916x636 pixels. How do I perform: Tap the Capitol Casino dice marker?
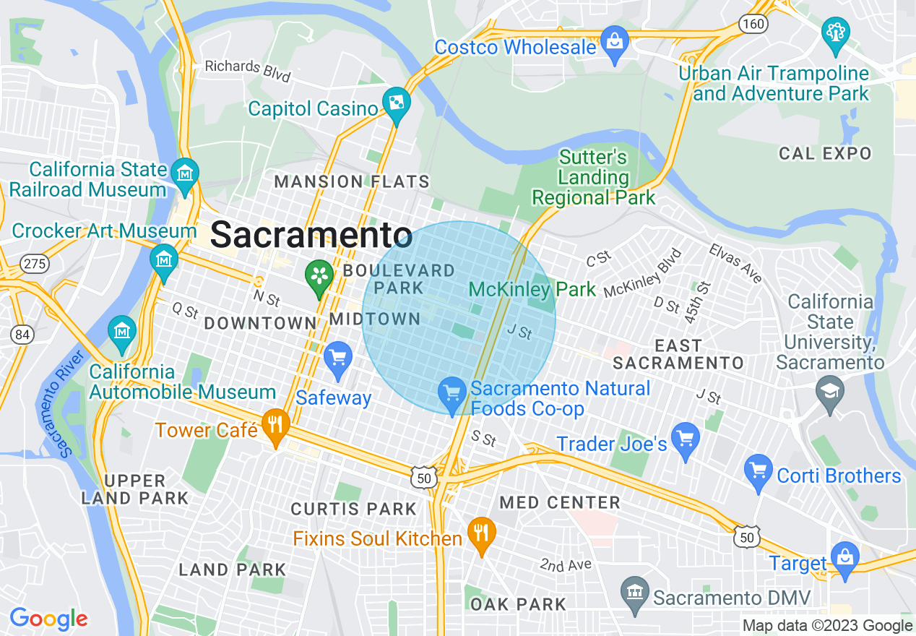(x=397, y=105)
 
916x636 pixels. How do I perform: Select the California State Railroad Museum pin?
(x=186, y=174)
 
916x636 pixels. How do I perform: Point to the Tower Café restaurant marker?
(x=275, y=426)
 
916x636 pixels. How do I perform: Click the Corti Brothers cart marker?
(x=759, y=471)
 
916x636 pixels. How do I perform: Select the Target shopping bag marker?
(x=844, y=559)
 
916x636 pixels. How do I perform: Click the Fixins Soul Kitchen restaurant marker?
(x=480, y=534)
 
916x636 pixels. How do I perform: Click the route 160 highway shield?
(x=752, y=25)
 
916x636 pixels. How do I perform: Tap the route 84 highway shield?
(x=22, y=335)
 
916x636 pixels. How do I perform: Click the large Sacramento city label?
(x=311, y=236)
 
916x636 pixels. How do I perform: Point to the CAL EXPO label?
(x=825, y=153)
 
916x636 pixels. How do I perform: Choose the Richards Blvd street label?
(x=247, y=69)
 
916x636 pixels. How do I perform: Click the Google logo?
(x=48, y=619)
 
